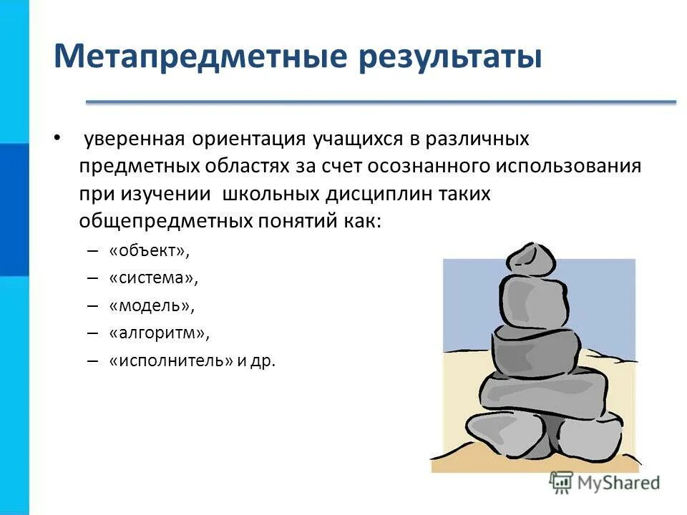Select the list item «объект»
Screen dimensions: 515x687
[x=151, y=251]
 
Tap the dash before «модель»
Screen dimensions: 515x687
[x=92, y=305]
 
